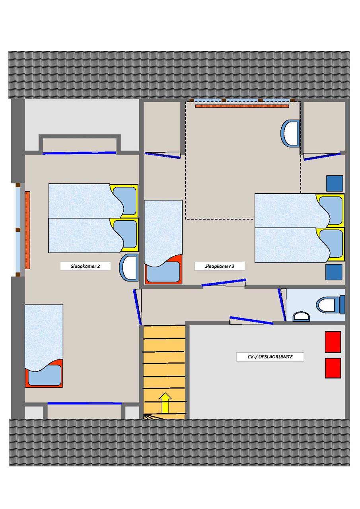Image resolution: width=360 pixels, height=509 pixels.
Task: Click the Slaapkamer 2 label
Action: tap(85, 266)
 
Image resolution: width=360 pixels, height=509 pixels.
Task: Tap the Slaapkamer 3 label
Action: tap(220, 266)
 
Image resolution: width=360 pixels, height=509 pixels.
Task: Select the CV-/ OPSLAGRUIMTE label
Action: tap(270, 357)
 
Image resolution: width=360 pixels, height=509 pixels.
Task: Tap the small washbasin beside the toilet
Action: tap(301, 317)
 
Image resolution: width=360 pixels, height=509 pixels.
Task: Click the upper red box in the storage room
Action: tap(333, 342)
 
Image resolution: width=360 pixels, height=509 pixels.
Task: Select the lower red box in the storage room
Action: tap(333, 368)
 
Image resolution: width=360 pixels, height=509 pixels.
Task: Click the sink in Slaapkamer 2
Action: tap(129, 268)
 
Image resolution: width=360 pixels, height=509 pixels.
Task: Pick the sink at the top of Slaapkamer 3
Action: tap(290, 134)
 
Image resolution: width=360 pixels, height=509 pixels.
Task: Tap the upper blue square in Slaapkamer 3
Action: tap(335, 183)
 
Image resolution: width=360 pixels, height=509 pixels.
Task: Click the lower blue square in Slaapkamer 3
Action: tap(334, 272)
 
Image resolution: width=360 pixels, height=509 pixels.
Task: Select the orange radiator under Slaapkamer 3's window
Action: tap(242, 106)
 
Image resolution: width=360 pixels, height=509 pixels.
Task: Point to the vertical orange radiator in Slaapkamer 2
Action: tap(27, 230)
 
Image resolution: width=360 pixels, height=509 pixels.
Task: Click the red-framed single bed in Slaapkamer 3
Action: tap(163, 242)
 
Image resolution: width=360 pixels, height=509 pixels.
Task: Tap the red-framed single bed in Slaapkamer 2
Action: tap(44, 346)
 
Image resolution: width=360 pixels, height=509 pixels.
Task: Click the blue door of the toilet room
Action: tap(282, 305)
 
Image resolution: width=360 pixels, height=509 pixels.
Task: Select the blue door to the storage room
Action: tap(251, 320)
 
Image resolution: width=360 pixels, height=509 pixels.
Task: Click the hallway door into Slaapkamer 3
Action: tap(224, 282)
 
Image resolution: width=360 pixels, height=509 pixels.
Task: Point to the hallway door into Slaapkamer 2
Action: tap(137, 307)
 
